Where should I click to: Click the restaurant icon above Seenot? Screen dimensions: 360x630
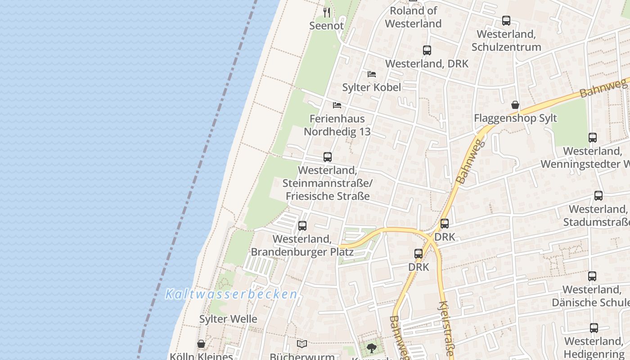[327, 12]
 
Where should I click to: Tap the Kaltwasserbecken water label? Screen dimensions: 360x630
[231, 295]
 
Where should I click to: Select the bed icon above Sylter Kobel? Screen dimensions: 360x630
[372, 74]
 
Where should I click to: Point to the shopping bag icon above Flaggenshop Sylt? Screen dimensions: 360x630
[515, 105]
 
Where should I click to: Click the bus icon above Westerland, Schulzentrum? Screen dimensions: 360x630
[506, 21]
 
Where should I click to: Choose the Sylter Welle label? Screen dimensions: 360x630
[228, 319]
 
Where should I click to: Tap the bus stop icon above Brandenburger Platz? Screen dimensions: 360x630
[302, 225]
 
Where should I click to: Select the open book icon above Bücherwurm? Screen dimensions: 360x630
[302, 344]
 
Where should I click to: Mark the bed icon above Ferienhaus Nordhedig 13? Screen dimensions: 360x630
[337, 105]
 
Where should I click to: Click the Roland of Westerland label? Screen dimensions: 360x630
[413, 17]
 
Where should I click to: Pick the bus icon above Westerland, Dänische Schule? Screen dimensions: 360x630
[592, 276]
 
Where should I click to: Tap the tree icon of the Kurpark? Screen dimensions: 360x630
[371, 347]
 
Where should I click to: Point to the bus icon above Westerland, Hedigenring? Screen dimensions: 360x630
[594, 328]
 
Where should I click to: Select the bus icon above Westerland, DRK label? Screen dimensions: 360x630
[427, 50]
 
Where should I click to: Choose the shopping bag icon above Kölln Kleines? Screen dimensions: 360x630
[201, 344]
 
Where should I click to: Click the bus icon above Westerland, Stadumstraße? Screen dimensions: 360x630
[598, 196]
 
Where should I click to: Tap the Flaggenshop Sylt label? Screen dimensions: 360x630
[515, 118]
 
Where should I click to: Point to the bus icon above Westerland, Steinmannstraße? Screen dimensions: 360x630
[328, 157]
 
